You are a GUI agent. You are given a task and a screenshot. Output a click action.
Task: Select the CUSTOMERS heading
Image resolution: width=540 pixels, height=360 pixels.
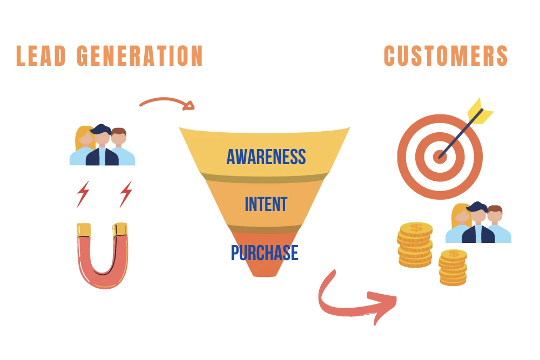446,56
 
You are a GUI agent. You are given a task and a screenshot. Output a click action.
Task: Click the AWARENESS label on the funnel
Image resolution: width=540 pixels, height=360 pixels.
266,157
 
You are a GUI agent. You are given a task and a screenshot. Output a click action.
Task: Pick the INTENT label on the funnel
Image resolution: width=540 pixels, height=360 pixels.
266,205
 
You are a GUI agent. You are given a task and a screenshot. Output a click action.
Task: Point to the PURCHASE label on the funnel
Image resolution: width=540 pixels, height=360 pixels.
264,253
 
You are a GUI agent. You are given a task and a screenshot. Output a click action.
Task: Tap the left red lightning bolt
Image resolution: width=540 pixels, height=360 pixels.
83,194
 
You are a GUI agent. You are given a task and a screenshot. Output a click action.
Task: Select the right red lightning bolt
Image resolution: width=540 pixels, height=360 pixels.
126,194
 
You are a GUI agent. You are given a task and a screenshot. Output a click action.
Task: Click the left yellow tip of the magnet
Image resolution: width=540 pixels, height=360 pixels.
84,230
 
